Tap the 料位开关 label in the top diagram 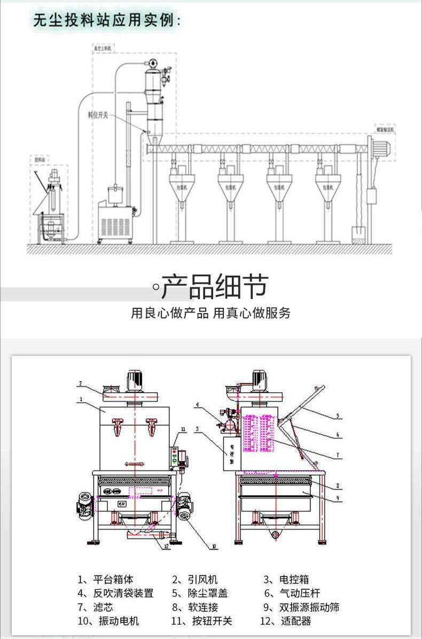coord(98,114)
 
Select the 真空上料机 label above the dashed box coord(103,48)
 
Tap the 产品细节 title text coord(214,287)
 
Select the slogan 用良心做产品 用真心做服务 coord(211,313)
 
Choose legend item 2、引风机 coord(194,579)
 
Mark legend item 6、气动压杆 coord(292,593)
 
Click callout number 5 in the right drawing coord(338,415)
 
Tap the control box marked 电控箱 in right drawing coord(231,454)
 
